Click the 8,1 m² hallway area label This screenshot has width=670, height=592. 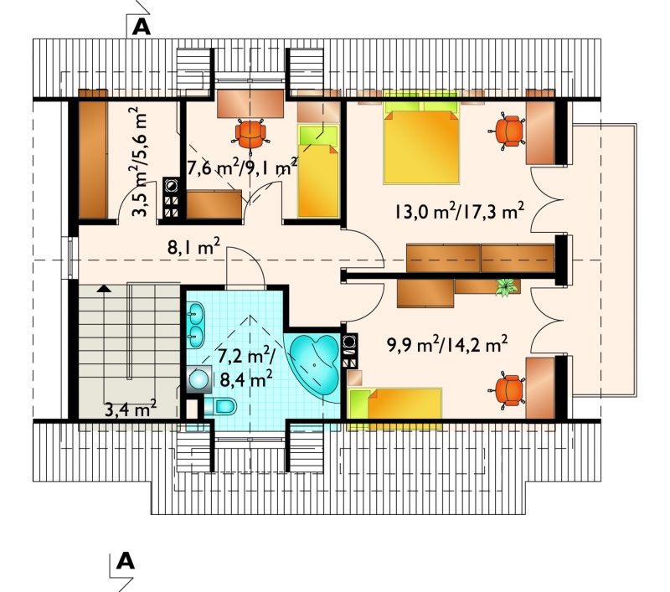tap(194, 246)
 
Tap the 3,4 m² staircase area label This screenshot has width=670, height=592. tap(131, 409)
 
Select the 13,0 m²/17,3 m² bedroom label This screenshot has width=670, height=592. tap(459, 211)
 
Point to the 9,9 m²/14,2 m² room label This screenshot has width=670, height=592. tap(447, 344)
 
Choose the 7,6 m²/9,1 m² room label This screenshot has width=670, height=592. tap(242, 168)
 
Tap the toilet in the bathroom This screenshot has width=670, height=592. tap(220, 406)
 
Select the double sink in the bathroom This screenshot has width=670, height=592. tap(196, 324)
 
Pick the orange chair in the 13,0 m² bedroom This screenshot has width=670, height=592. tap(508, 131)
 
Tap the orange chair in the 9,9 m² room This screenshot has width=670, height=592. tap(508, 391)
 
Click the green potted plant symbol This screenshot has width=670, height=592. tap(507, 286)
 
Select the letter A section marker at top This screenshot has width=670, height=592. tap(142, 27)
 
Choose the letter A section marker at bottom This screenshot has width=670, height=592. tap(125, 561)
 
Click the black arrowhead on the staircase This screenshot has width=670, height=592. tap(104, 288)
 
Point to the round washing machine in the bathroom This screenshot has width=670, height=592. tap(198, 378)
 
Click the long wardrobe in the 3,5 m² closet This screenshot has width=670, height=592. tap(93, 154)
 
